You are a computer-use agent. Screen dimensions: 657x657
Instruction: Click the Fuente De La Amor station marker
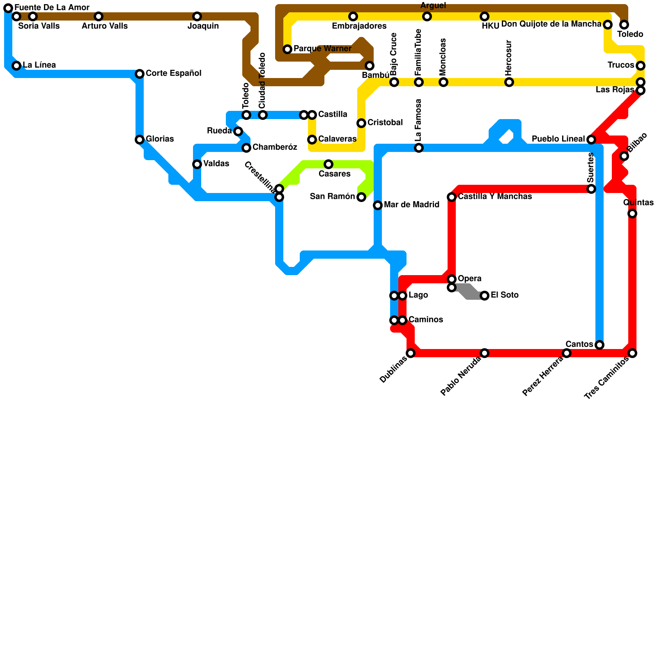[8, 8]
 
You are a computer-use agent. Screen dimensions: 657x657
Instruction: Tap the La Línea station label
[39, 65]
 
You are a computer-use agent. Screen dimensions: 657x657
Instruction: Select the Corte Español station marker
[140, 74]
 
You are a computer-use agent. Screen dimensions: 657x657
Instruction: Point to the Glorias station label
[160, 139]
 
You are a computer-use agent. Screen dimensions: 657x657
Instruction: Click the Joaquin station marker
[197, 16]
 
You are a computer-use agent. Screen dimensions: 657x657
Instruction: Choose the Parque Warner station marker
[287, 49]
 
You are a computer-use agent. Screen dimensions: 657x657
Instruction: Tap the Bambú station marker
[370, 66]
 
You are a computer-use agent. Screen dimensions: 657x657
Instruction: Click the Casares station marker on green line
[328, 164]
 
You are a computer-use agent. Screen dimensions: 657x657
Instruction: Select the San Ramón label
[332, 197]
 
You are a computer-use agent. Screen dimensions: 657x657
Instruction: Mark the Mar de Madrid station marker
[378, 205]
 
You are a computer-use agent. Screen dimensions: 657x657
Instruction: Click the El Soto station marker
[485, 296]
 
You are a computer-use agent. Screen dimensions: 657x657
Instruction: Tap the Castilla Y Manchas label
[495, 197]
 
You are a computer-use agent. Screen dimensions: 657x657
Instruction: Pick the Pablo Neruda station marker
[485, 353]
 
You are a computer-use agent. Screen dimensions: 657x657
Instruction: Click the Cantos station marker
[600, 345]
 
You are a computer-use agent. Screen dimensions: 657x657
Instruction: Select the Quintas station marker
[632, 214]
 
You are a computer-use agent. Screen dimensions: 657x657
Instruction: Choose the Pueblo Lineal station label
[558, 139]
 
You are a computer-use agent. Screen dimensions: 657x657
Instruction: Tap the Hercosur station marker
[509, 82]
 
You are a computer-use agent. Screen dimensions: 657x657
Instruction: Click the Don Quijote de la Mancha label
[551, 24]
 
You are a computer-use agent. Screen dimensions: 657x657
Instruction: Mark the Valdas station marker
[197, 164]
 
